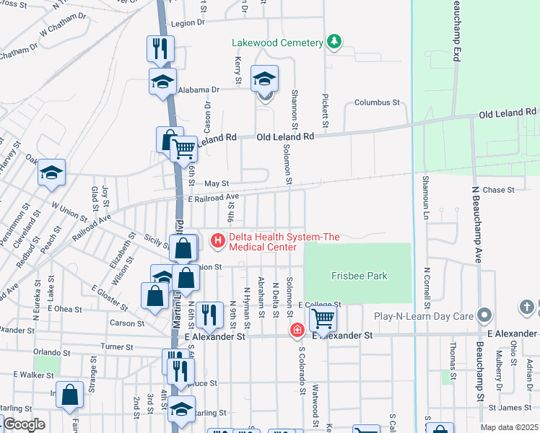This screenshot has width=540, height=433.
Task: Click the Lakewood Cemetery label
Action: [x=277, y=43]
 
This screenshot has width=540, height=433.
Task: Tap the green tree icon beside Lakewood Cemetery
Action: [x=334, y=42]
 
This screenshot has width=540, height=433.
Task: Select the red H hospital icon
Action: [x=216, y=241]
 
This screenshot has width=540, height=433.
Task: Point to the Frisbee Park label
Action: [x=359, y=276]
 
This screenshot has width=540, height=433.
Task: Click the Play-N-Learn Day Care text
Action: [x=423, y=315]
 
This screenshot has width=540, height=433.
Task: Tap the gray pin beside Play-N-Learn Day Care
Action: [x=484, y=315]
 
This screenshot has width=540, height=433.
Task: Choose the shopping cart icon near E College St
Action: [x=322, y=317]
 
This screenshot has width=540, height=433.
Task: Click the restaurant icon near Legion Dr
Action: [x=160, y=48]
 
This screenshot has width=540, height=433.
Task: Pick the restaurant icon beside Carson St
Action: [x=208, y=313]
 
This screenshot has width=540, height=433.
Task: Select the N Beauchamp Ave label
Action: [x=476, y=224]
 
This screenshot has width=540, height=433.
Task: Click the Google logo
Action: [x=24, y=424]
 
